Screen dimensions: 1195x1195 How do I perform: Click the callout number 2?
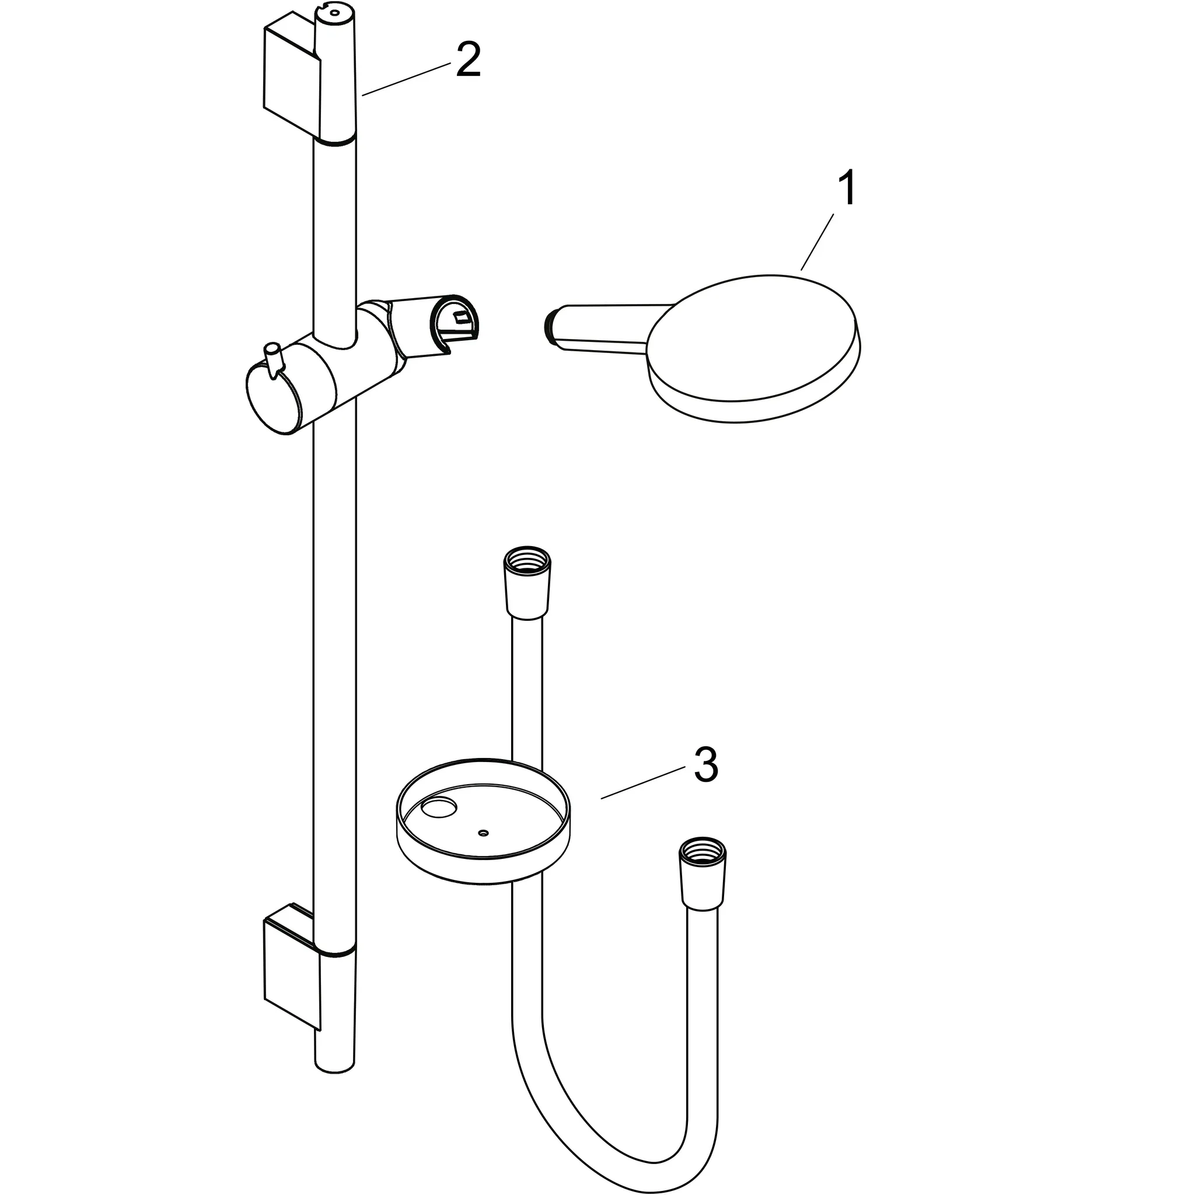click(467, 61)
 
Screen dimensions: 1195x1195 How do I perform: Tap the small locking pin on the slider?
click(272, 358)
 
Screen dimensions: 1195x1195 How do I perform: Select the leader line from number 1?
click(816, 241)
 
